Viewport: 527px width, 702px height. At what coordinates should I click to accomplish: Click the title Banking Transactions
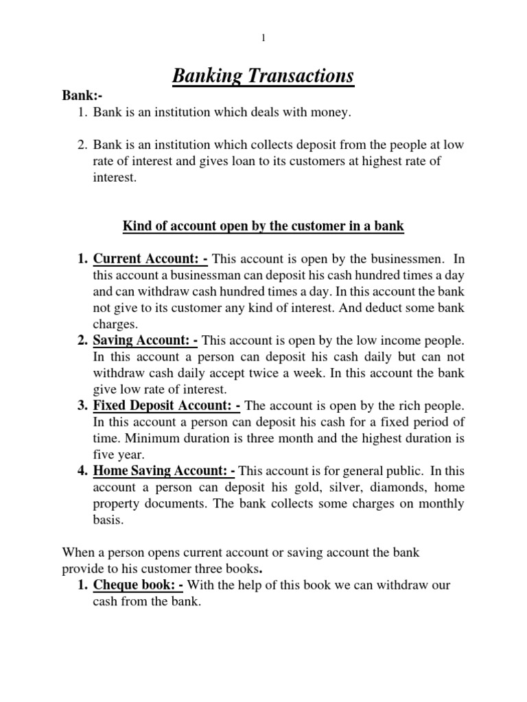pos(263,75)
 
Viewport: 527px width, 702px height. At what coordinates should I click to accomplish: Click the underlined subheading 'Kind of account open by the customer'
pos(263,226)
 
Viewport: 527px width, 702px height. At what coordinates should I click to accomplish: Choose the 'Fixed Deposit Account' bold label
pos(166,404)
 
